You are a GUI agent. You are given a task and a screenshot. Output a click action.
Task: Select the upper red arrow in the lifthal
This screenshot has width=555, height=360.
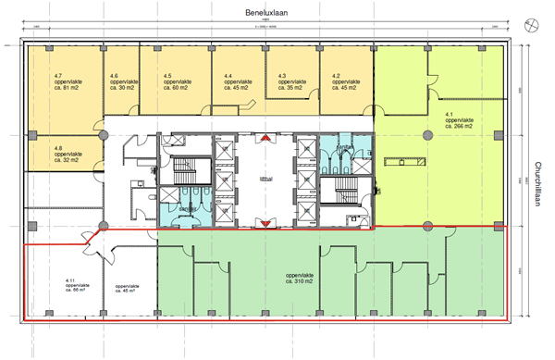(x=265, y=139)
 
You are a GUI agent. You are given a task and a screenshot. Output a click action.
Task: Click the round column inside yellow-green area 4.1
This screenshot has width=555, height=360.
(x=427, y=136)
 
